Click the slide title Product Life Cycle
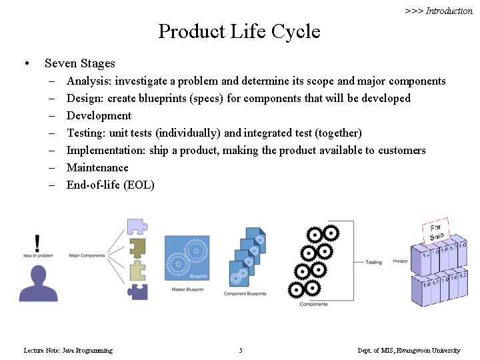pos(239,31)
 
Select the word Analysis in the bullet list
pos(89,81)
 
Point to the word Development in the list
pos(99,115)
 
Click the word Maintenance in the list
pos(97,167)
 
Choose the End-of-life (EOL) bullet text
pos(110,185)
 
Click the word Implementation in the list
pos(105,150)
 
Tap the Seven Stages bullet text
pos(79,63)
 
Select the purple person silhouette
pos(38,284)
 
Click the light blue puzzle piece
pos(137,227)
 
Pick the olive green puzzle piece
pos(137,247)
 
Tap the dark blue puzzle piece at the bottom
pos(138,291)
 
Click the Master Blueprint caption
pos(187,289)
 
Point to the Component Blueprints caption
pos(245,293)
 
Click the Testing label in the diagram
pos(373,262)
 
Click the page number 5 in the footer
pos(241,350)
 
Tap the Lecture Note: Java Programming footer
pos(68,350)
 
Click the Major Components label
pos(87,255)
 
